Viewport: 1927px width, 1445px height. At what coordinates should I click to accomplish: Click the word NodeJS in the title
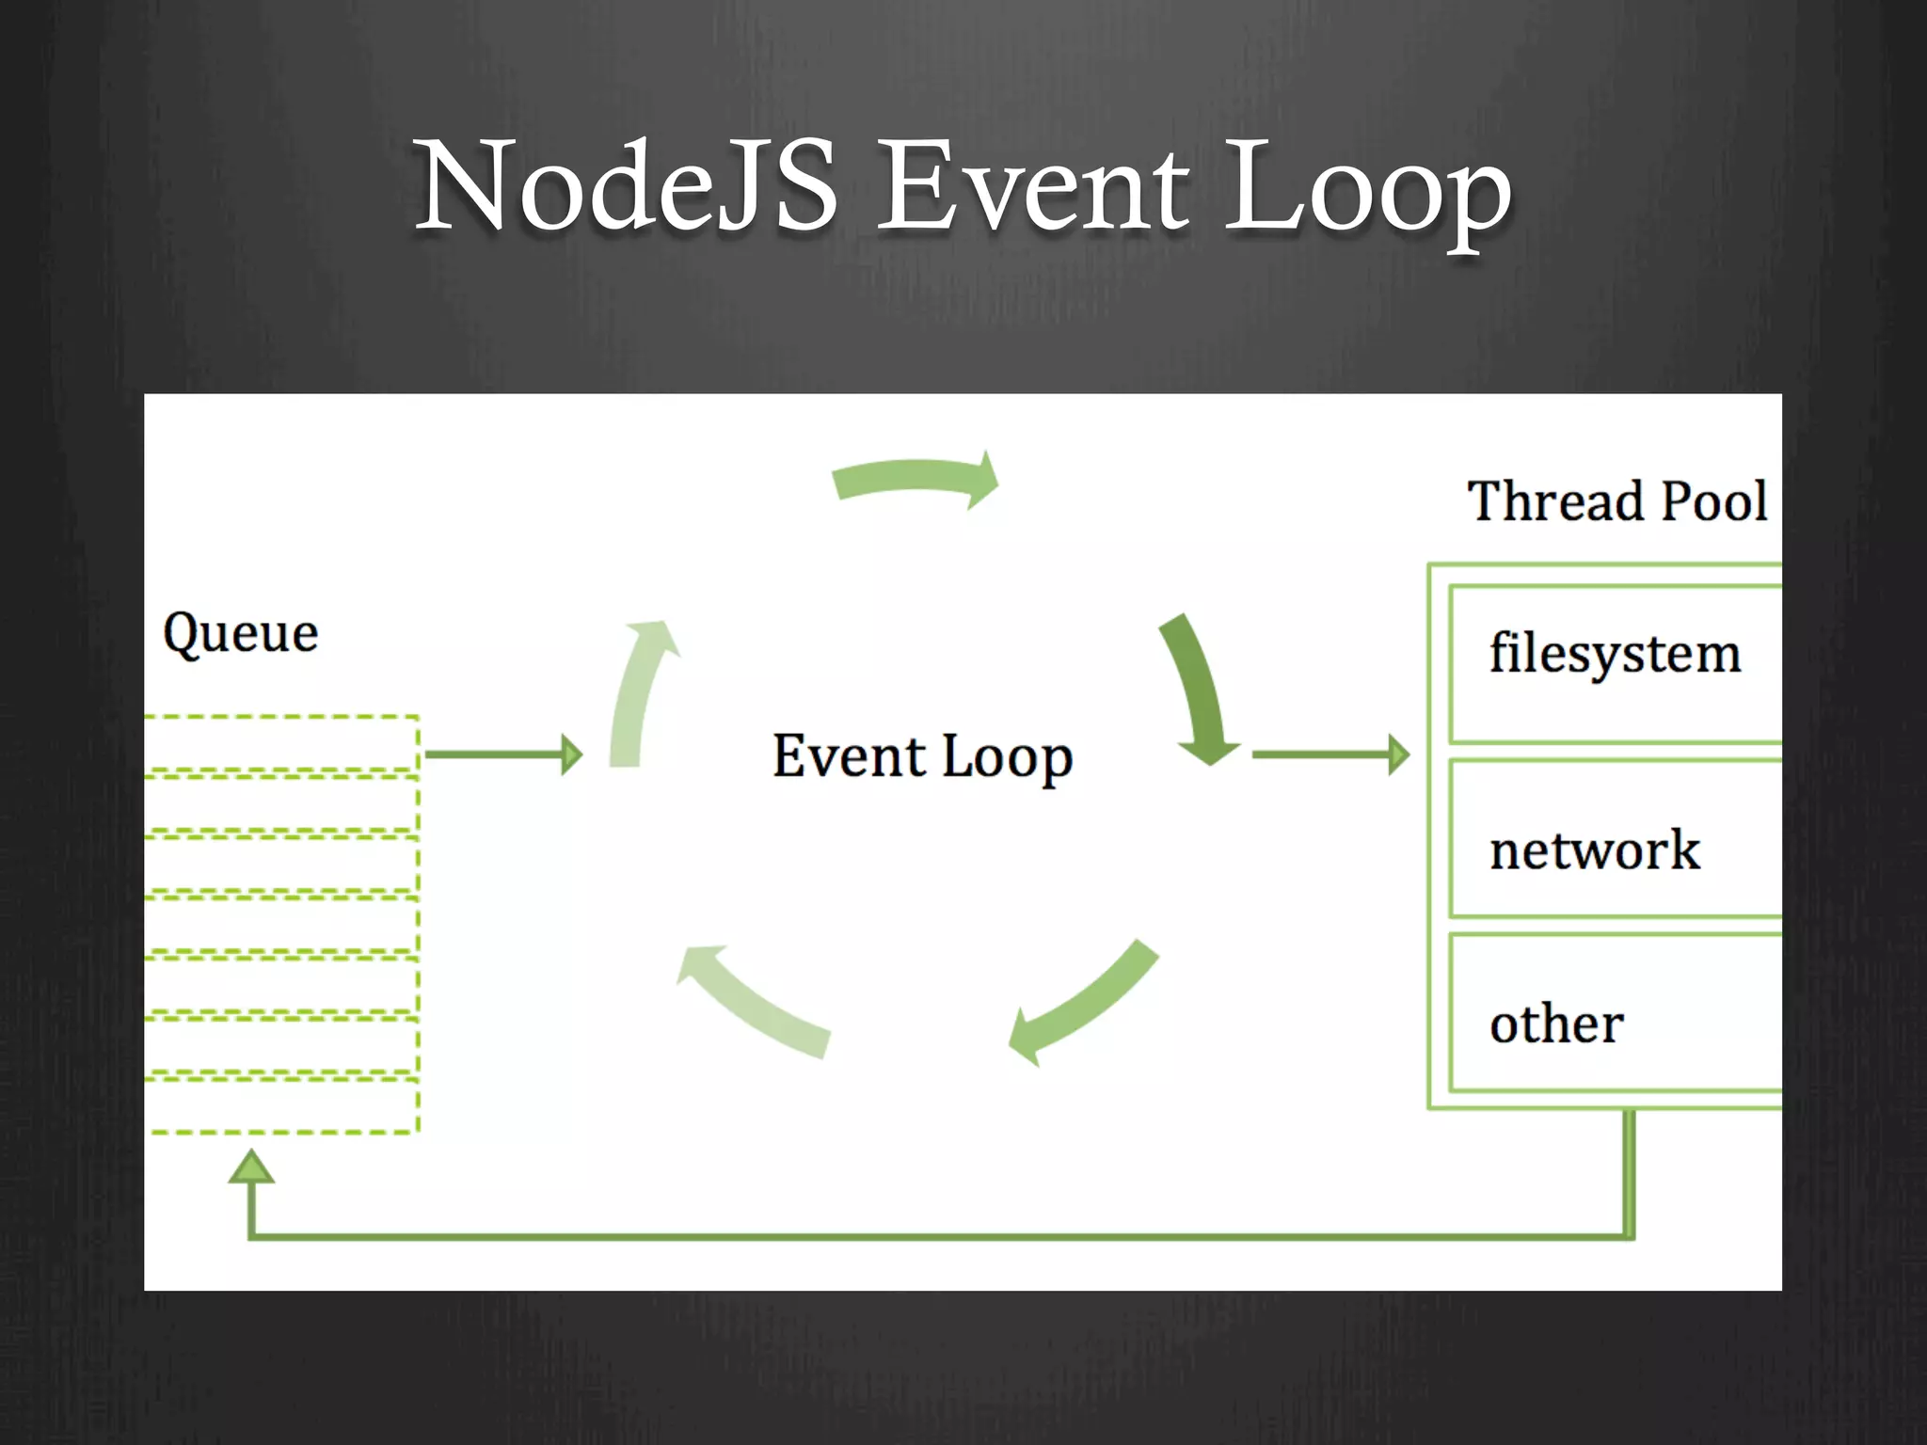626,184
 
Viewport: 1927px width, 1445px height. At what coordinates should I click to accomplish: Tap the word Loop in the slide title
1368,188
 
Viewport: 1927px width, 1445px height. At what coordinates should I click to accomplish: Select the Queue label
241,633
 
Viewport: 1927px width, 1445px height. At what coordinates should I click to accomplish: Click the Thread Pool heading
1617,500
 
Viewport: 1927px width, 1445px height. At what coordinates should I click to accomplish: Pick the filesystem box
1615,662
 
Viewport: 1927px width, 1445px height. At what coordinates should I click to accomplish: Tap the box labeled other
1615,1012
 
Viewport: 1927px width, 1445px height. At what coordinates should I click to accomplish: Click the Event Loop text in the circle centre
922,756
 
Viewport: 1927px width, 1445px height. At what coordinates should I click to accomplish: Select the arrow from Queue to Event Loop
503,754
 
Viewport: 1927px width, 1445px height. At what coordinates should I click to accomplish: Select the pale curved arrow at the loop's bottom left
753,1002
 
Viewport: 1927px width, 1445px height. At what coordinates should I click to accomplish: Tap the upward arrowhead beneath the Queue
251,1167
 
